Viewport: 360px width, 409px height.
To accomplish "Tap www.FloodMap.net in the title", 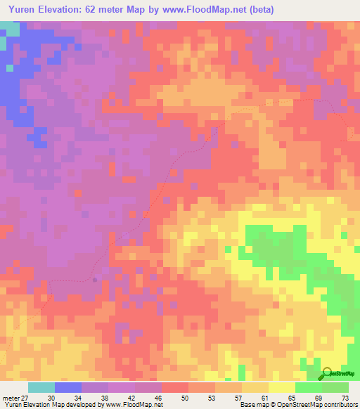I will click(x=198, y=10).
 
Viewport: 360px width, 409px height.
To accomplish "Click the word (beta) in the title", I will click(x=258, y=10).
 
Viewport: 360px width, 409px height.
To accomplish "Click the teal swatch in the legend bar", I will click(x=41, y=387).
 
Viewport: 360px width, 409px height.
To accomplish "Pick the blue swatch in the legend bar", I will click(x=68, y=387).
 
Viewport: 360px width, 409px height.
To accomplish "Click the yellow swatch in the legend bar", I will click(x=282, y=387).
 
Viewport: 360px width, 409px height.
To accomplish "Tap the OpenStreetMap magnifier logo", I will click(x=327, y=374).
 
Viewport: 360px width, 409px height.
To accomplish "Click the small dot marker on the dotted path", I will click(x=95, y=279).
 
